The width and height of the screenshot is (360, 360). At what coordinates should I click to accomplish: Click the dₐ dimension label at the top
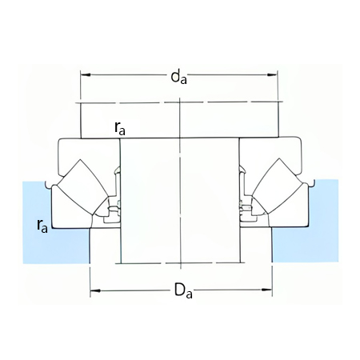(x=178, y=77)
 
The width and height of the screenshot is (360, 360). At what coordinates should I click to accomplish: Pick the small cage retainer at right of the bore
(x=246, y=210)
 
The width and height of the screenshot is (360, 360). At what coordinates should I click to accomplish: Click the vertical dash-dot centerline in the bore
(x=182, y=200)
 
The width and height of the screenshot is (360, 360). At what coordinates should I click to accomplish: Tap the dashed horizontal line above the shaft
(x=180, y=102)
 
